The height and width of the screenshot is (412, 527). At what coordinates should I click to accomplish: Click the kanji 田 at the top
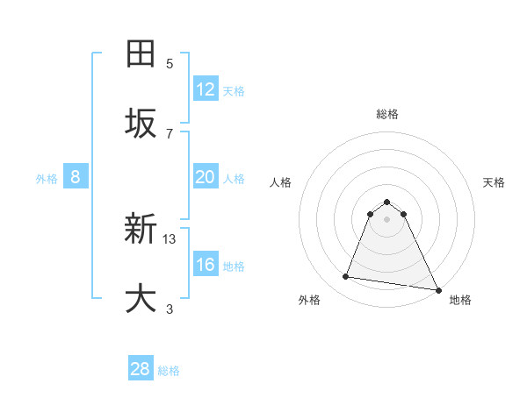(141, 53)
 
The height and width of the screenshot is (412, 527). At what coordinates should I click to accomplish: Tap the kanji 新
(141, 231)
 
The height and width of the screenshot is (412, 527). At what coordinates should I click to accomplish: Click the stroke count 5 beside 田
(170, 63)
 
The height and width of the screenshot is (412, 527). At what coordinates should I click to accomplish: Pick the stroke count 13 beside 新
(170, 238)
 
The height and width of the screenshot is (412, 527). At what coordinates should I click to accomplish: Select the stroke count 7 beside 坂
(170, 133)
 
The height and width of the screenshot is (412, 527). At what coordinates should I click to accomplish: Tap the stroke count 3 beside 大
(170, 309)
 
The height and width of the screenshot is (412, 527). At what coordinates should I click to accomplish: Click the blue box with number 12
(206, 89)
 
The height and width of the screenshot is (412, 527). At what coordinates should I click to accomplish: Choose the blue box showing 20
(206, 177)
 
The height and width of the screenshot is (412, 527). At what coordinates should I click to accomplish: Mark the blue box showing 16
(206, 265)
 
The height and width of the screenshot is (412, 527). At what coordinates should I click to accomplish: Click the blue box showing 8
(76, 177)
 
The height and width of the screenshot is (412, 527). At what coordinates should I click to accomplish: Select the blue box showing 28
(141, 369)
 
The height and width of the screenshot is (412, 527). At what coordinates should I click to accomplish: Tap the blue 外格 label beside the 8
(47, 179)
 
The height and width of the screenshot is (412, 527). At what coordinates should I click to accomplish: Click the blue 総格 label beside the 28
(169, 371)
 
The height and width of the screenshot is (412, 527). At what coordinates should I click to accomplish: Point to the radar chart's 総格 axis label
(386, 114)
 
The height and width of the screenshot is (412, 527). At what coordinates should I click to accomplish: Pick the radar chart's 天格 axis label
(494, 182)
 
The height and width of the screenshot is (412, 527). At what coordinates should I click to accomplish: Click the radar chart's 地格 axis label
(460, 300)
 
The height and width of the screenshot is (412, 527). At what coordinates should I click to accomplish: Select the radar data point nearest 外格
(345, 277)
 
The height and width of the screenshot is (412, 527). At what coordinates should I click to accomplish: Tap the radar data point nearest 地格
(437, 288)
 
